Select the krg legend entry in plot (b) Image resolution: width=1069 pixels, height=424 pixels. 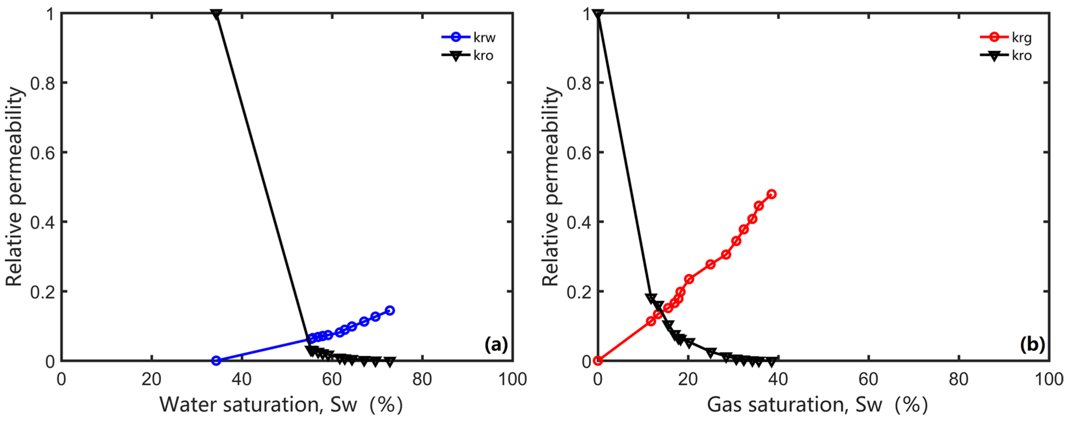pos(1006,37)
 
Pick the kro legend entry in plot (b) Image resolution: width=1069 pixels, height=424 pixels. pos(1006,55)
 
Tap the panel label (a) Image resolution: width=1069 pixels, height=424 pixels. pos(496,344)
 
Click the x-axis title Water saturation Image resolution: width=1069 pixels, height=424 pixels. pos(281,404)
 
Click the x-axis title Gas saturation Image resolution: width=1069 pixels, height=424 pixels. pos(817,404)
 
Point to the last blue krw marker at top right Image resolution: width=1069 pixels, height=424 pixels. pos(390,310)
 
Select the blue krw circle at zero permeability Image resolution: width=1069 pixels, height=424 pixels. pos(216,361)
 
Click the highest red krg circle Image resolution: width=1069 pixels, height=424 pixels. pos(771,194)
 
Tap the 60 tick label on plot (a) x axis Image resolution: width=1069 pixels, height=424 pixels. pos(332,379)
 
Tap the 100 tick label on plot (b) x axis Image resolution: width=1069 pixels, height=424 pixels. pos(1049,379)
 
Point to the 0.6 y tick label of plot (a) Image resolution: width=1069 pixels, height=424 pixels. pos(42,152)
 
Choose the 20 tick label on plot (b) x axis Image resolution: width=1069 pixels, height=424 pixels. pos(688,379)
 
